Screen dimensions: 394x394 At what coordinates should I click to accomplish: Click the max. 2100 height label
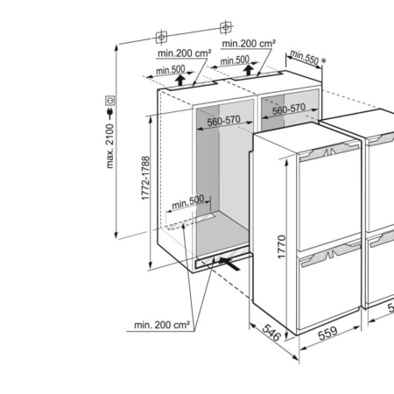(110, 146)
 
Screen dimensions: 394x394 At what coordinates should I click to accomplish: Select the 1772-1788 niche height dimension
(145, 179)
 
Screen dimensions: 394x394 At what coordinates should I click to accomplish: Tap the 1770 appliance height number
(282, 247)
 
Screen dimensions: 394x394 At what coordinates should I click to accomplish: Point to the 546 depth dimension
(271, 333)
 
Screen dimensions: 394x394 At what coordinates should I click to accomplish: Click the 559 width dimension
(327, 334)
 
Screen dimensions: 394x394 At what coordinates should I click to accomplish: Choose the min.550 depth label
(304, 57)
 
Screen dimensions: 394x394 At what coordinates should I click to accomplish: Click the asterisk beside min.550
(323, 61)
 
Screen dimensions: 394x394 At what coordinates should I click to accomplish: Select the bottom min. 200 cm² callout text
(162, 325)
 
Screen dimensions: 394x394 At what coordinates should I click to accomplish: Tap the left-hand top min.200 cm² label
(185, 53)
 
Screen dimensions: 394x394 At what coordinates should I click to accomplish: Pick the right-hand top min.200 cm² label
(249, 44)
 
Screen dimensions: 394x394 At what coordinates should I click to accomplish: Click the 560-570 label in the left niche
(224, 121)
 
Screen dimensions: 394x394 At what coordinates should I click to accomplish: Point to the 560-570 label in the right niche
(289, 109)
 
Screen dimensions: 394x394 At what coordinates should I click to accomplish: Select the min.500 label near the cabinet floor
(188, 202)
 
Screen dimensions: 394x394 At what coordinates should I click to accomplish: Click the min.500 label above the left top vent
(171, 70)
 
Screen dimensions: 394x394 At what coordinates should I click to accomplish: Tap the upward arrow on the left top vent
(180, 80)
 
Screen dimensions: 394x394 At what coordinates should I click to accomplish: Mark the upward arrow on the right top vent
(249, 70)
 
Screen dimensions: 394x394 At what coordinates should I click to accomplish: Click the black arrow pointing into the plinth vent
(229, 264)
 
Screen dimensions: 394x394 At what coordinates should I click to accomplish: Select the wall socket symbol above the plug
(110, 101)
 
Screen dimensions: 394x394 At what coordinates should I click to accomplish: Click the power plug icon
(110, 114)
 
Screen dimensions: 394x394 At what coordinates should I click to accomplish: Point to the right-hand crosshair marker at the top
(226, 28)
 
